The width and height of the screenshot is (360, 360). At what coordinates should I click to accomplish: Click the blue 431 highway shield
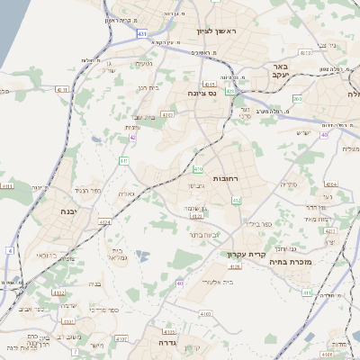tap(142, 33)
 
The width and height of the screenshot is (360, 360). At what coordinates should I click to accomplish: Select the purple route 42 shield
tap(133, 137)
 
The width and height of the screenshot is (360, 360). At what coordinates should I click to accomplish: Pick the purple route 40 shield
tap(324, 134)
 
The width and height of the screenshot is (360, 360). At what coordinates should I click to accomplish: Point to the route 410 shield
tap(198, 168)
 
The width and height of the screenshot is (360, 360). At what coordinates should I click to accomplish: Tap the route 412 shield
tap(236, 200)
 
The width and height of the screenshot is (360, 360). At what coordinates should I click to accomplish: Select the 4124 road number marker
tap(106, 221)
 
